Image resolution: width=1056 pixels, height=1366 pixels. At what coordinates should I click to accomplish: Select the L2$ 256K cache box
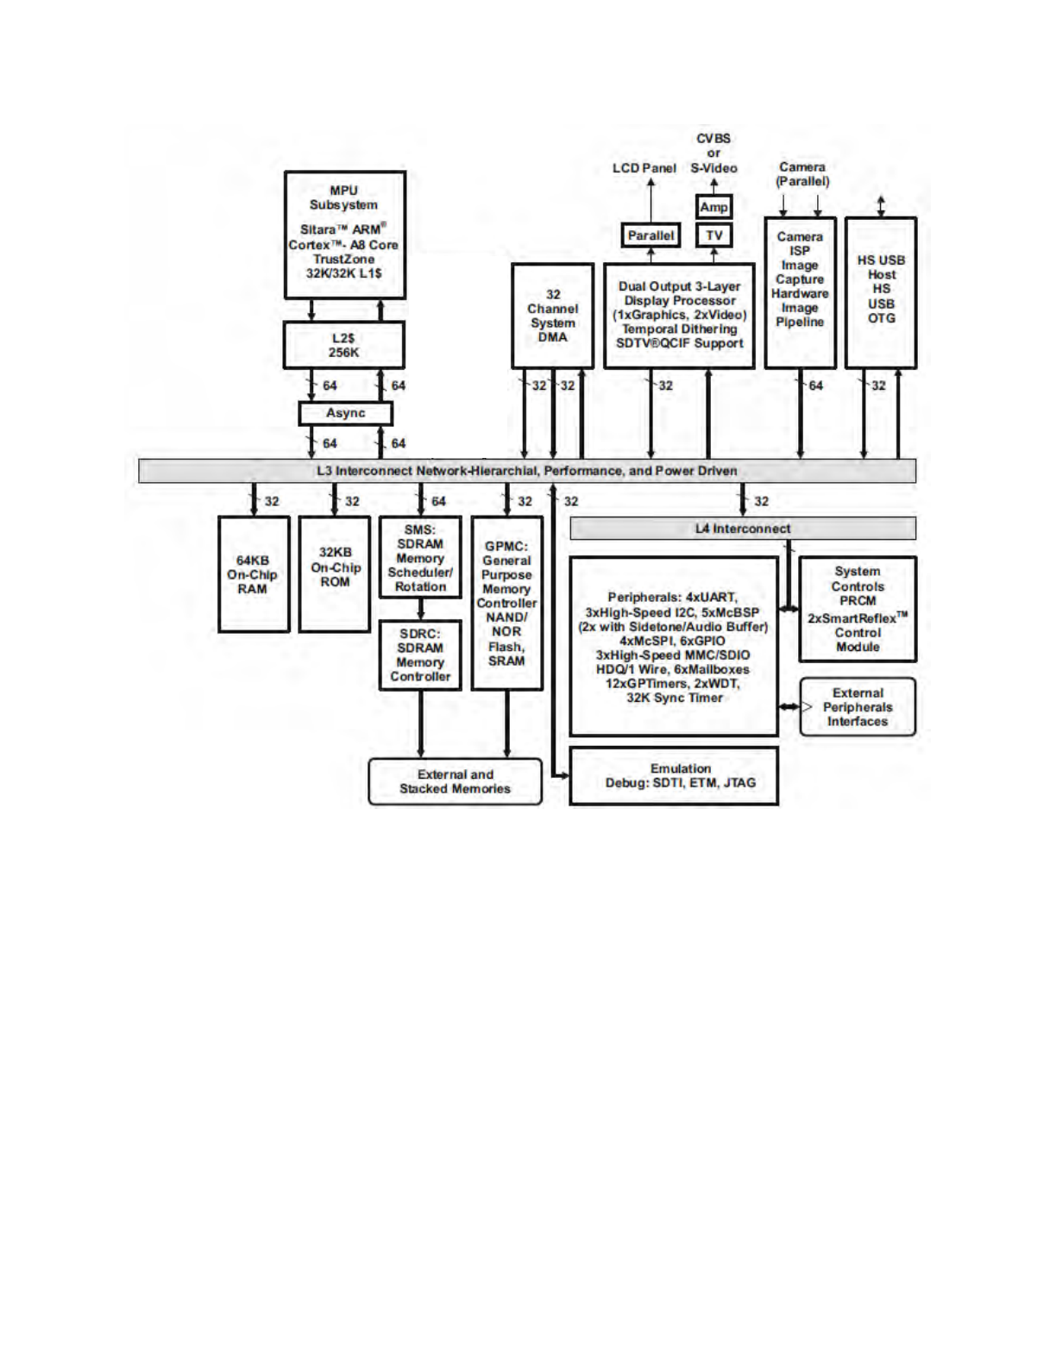(x=343, y=345)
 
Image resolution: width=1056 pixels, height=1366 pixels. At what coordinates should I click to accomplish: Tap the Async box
(x=345, y=413)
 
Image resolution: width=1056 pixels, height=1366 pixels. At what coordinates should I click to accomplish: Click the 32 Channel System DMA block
(x=552, y=316)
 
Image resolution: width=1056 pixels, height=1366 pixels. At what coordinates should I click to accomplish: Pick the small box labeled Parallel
(x=651, y=235)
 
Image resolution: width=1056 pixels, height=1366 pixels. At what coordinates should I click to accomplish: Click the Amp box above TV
(x=713, y=207)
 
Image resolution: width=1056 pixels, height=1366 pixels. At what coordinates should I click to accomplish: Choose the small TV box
(x=713, y=235)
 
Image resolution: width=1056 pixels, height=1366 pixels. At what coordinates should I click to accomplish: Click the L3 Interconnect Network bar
(x=526, y=471)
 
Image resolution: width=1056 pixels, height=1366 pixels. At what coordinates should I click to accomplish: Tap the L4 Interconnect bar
(x=742, y=529)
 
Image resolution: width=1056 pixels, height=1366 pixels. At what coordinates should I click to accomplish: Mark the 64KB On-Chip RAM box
(x=253, y=574)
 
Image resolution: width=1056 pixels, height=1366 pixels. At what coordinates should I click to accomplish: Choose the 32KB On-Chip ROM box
(x=335, y=574)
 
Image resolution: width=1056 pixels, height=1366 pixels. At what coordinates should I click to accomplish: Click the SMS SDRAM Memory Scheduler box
(x=420, y=557)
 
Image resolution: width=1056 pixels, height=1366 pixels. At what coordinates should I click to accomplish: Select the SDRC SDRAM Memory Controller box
(x=420, y=655)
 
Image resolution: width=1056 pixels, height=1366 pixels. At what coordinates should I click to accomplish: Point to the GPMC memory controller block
(x=506, y=603)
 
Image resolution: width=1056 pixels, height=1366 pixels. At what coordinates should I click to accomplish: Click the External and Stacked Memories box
(x=455, y=781)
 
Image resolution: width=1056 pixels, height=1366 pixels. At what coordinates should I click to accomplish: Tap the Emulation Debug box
(x=673, y=775)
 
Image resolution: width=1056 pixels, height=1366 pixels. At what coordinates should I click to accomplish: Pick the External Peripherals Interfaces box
(x=857, y=707)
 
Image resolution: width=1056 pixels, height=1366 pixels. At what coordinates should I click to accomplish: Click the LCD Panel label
(x=644, y=168)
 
